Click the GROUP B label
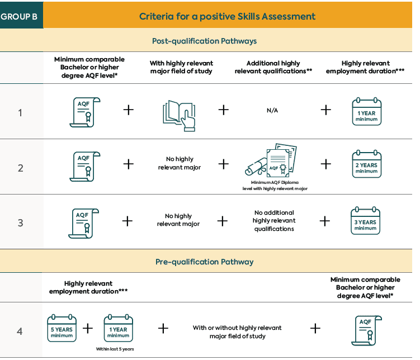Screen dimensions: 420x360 coord(19,17)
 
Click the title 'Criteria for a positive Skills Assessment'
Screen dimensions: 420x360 coord(227,16)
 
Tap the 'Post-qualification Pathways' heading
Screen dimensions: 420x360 coord(204,41)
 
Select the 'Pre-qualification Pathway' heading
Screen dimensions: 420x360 coord(204,262)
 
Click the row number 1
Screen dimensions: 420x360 coord(20,113)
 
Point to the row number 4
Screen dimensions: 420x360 coord(20,331)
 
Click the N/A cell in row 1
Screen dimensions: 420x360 coord(272,110)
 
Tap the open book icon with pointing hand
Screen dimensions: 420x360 coord(179,116)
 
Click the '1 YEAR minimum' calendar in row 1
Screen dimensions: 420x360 coord(367,112)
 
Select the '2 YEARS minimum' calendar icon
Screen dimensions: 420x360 coord(367,164)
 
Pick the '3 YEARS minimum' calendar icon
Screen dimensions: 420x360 coord(365,221)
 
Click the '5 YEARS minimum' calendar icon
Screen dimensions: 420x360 coord(62,328)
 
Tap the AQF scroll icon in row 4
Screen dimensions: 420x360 coord(366,330)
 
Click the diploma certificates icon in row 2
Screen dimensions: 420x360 coord(271,160)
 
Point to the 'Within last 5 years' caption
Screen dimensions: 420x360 coord(115,349)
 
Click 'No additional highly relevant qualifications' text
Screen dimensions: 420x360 coord(274,221)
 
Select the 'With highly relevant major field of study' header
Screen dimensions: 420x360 coord(181,67)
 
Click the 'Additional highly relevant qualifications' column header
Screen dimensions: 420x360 coord(273,67)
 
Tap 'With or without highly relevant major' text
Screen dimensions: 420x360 coord(237,332)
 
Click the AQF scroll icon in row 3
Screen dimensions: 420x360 coord(83,224)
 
